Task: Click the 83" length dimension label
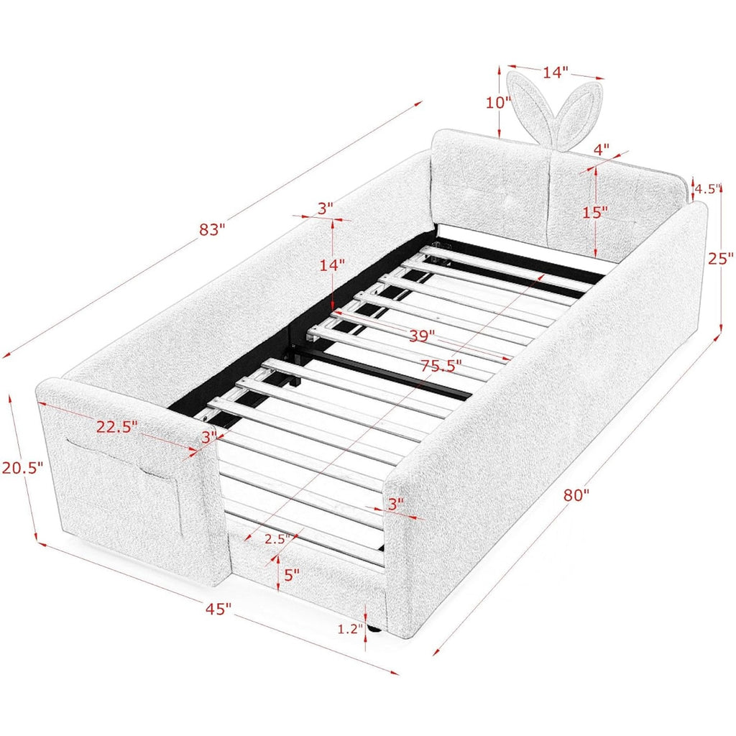click(212, 229)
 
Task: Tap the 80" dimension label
click(576, 494)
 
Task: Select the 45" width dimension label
click(218, 609)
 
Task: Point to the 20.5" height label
click(22, 467)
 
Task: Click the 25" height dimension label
click(720, 258)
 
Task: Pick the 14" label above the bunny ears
click(556, 73)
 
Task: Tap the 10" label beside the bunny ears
click(498, 102)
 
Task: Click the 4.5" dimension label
click(707, 189)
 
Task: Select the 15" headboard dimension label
click(595, 213)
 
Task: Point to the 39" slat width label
click(422, 336)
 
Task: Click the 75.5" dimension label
click(441, 365)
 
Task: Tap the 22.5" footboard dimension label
click(117, 427)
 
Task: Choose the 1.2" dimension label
click(351, 628)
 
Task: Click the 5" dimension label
click(292, 574)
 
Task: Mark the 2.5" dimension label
click(277, 539)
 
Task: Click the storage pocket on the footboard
click(123, 486)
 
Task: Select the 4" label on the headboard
click(602, 149)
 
